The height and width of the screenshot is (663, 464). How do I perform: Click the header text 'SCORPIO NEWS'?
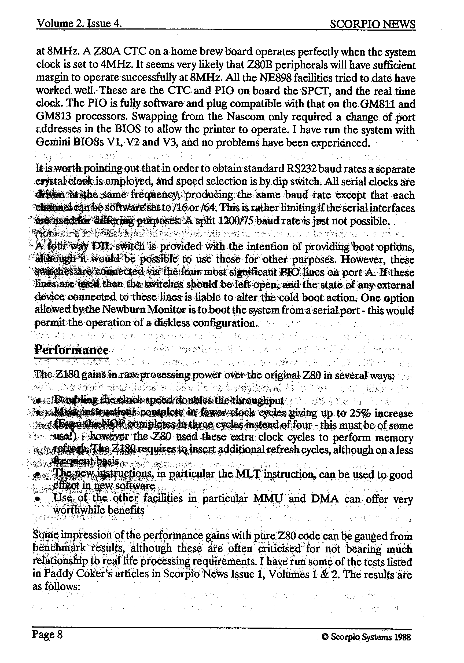point(372,24)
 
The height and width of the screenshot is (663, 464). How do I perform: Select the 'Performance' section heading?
point(71,350)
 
